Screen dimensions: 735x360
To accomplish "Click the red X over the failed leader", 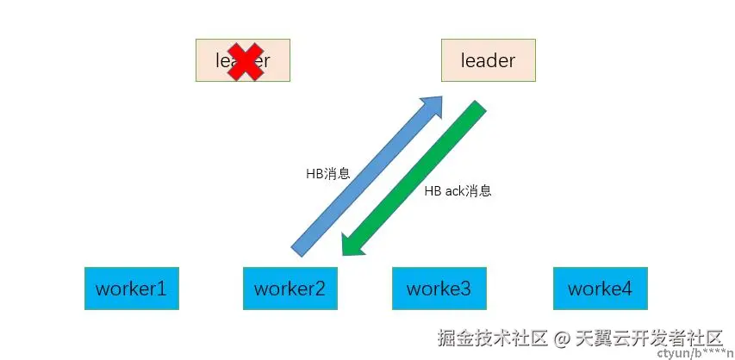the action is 245,62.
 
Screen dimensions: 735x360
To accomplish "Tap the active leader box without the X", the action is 488,60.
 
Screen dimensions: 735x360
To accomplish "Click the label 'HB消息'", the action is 327,173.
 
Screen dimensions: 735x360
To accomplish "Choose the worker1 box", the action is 131,289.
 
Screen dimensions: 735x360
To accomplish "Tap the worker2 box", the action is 290,289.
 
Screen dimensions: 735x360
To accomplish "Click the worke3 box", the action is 439,289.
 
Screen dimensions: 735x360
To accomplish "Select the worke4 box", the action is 599,289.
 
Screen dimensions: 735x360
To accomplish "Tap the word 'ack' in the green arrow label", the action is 453,190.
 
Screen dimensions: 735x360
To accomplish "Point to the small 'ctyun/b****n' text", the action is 688,353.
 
